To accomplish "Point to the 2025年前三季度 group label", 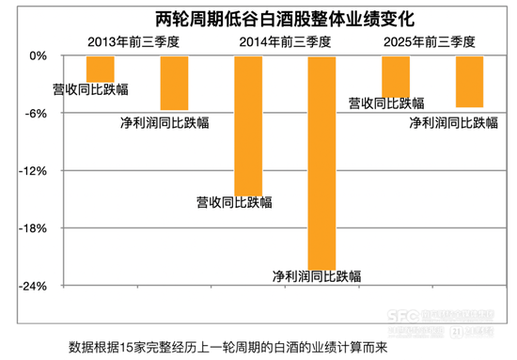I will (430, 41).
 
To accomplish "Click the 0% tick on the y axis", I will (38, 56).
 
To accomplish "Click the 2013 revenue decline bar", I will (100, 70).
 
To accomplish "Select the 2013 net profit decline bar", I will (174, 84).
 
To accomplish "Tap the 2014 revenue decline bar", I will (247, 125).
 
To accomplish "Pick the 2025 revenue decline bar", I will (395, 76).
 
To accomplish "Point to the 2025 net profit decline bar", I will (469, 82).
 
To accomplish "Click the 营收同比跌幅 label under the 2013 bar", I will (90, 90).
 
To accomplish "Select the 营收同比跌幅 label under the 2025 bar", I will (386, 103).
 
